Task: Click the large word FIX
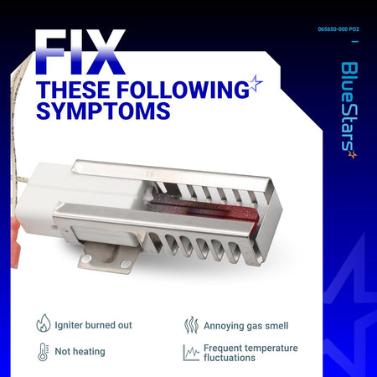pos(80,52)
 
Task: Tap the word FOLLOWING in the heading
pos(183,90)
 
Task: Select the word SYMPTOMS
pos(103,111)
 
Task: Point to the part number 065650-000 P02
pos(338,29)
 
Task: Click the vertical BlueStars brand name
pos(349,106)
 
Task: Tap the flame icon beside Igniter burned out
pos(44,323)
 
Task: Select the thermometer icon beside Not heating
pos(43,352)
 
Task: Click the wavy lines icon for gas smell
pos(191,325)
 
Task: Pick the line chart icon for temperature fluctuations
pos(191,353)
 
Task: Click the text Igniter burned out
pos(93,325)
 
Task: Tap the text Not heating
pos(80,351)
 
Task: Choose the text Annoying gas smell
pos(245,326)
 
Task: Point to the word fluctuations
pos(230,358)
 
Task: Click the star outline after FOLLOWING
pos(256,83)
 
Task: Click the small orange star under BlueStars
pos(353,154)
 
